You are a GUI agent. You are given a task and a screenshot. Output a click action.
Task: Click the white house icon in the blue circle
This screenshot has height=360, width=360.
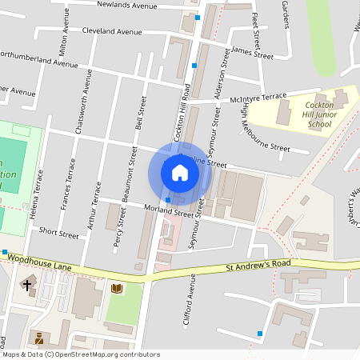pyautogui.click(x=180, y=172)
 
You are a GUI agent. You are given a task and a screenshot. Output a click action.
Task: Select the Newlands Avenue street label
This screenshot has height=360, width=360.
pyautogui.click(x=128, y=5)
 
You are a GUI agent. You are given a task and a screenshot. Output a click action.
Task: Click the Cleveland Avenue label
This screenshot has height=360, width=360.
pyautogui.click(x=115, y=32)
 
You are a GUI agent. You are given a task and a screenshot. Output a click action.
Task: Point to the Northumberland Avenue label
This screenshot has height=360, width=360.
pyautogui.click(x=38, y=58)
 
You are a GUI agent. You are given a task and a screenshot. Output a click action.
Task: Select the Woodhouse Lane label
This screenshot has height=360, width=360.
pyautogui.click(x=39, y=254)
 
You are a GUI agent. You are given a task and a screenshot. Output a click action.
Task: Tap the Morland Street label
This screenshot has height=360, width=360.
pyautogui.click(x=169, y=212)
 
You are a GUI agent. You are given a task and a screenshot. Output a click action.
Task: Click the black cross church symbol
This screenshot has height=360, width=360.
pyautogui.click(x=27, y=284)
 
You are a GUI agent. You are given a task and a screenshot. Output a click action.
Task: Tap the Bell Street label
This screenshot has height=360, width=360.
pyautogui.click(x=142, y=114)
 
